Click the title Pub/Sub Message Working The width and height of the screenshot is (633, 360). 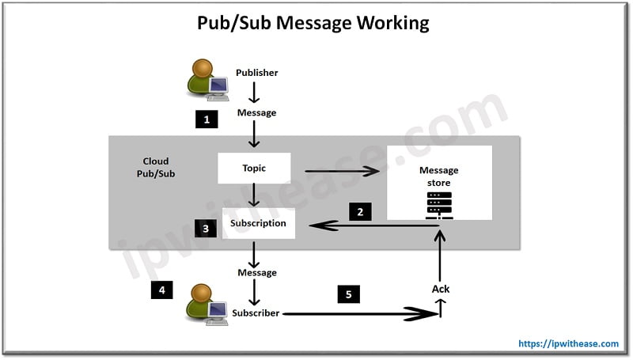(x=313, y=22)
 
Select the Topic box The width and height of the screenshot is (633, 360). (x=254, y=169)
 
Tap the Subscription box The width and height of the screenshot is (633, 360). (x=258, y=223)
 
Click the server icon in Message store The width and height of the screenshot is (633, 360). (x=439, y=205)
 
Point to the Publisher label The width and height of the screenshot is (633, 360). (x=256, y=73)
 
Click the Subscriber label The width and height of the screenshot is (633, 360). (x=256, y=313)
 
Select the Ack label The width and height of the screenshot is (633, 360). (x=441, y=289)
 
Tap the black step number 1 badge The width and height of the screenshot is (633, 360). (x=207, y=120)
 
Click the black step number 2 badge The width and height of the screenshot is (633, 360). (x=360, y=211)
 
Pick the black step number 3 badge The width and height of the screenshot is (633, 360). (x=206, y=229)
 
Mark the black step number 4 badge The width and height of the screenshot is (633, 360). (x=162, y=290)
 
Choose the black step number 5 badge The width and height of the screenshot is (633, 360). (x=348, y=294)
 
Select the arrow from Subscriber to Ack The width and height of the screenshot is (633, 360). (x=360, y=314)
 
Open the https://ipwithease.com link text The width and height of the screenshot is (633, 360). (x=568, y=343)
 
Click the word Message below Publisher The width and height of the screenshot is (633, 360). (x=256, y=112)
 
